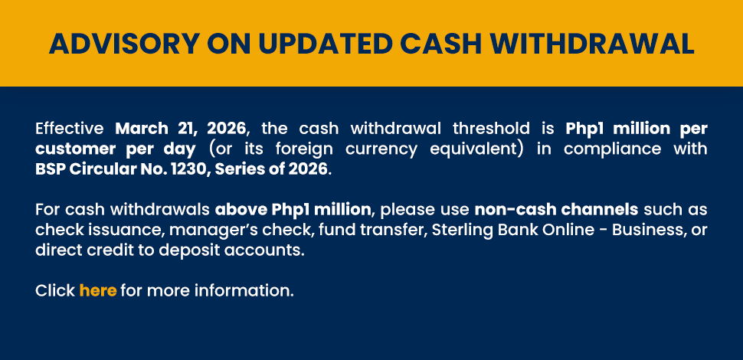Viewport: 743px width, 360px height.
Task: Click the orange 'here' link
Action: [98, 290]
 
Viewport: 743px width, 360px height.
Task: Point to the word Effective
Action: [70, 129]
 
